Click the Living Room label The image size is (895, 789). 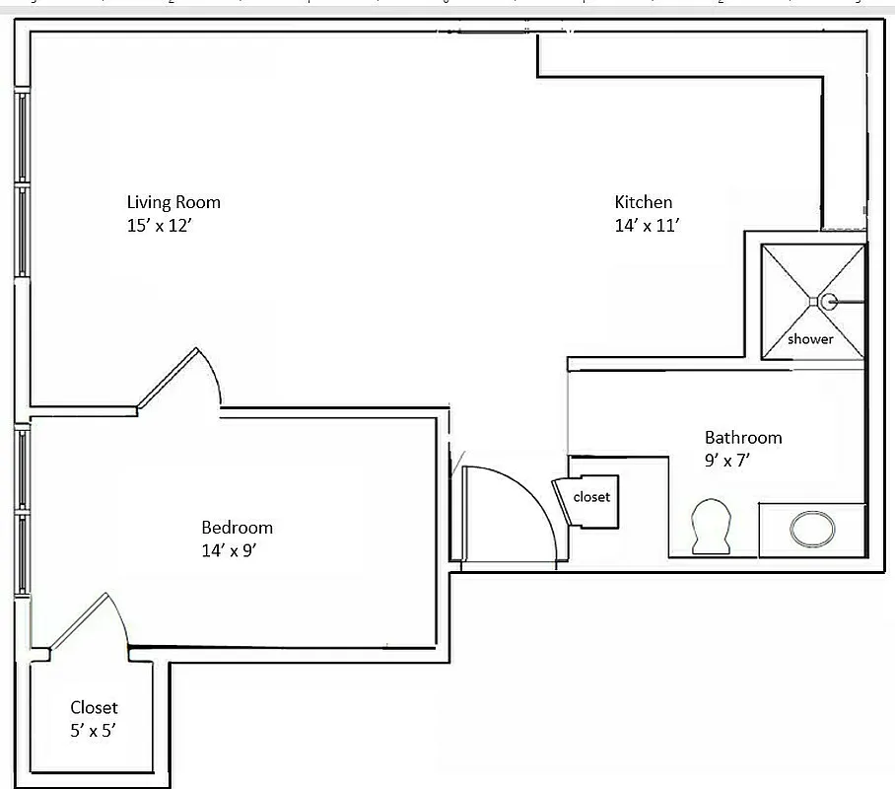pyautogui.click(x=173, y=202)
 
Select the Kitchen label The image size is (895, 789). pyautogui.click(x=643, y=202)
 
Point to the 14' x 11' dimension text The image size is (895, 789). pyautogui.click(x=648, y=225)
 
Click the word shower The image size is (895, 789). pyautogui.click(x=810, y=339)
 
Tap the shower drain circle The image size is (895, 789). pyautogui.click(x=828, y=302)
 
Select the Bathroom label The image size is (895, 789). pyautogui.click(x=742, y=437)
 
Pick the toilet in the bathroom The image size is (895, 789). pyautogui.click(x=711, y=526)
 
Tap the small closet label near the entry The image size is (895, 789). pyautogui.click(x=591, y=497)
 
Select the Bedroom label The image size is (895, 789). pyautogui.click(x=237, y=528)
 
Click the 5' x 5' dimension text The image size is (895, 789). pyautogui.click(x=96, y=731)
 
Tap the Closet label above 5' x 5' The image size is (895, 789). pyautogui.click(x=94, y=707)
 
